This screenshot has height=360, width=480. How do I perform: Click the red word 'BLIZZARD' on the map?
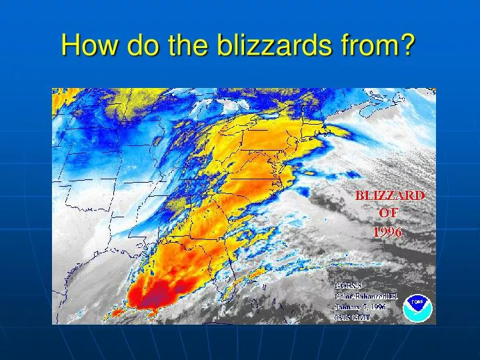[389, 195]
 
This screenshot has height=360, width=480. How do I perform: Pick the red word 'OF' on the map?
[389, 213]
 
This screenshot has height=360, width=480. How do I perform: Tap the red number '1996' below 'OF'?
[388, 231]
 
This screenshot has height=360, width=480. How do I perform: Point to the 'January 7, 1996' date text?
[361, 307]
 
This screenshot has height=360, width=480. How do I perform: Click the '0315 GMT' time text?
[352, 317]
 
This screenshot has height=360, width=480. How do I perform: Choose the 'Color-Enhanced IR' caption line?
[366, 297]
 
